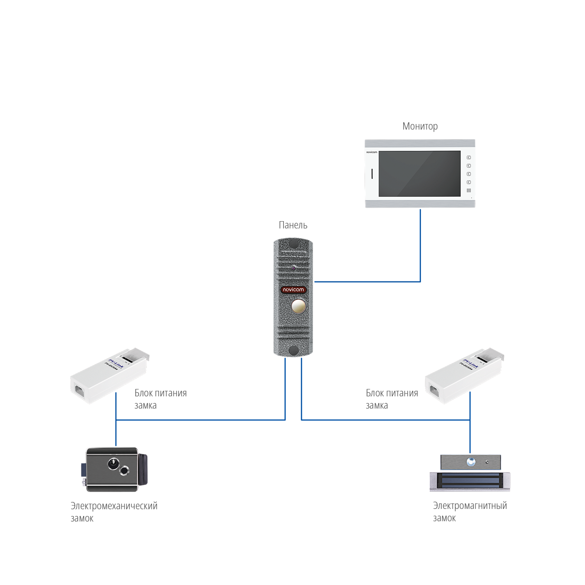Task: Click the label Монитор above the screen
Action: [x=420, y=126]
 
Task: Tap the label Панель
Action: [x=293, y=225]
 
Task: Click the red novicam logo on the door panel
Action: [x=293, y=290]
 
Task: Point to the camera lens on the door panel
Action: [x=293, y=268]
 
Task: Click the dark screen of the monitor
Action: [x=419, y=174]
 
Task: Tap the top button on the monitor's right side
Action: [x=469, y=158]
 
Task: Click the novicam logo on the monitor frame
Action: [x=372, y=152]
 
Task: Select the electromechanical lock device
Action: [x=116, y=470]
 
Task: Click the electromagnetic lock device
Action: [x=470, y=473]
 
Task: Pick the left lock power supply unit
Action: [x=109, y=376]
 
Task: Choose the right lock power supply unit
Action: [x=464, y=376]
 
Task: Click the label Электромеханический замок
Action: [x=113, y=512]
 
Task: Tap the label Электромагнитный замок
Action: [x=470, y=512]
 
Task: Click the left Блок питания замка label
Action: [x=160, y=399]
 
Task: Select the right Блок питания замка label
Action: [x=391, y=399]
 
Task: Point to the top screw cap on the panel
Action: [x=293, y=245]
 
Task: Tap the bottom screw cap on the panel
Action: [x=293, y=350]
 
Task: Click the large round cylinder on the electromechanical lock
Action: [x=113, y=464]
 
